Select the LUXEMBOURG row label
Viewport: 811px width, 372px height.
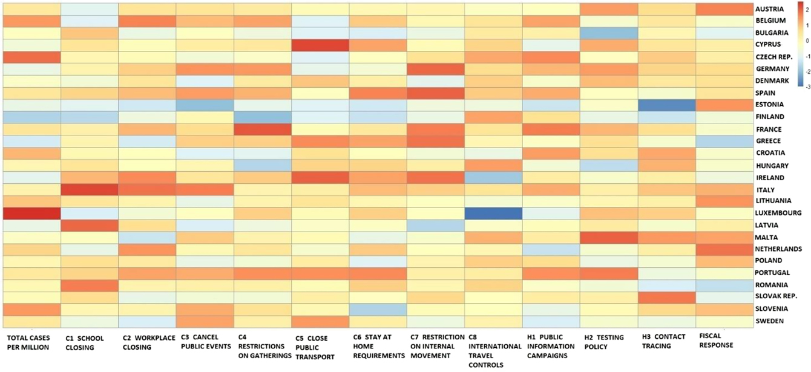coord(778,213)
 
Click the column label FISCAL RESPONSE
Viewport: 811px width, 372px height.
coord(716,341)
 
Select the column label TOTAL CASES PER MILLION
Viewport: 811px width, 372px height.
coord(28,343)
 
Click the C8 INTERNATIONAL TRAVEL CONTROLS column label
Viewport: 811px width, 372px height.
coord(493,351)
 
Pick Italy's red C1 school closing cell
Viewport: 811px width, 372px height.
coord(89,189)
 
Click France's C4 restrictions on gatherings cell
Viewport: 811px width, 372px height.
coord(262,129)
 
